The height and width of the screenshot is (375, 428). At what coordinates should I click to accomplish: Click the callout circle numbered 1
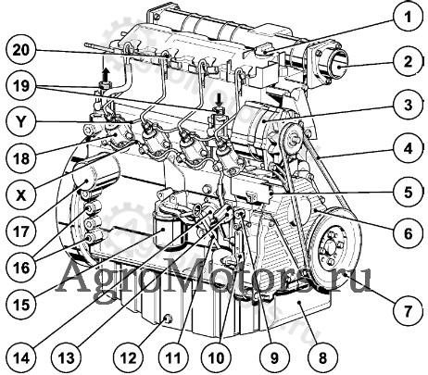coord(409,17)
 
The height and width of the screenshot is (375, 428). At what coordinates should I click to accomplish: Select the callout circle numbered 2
coord(409,62)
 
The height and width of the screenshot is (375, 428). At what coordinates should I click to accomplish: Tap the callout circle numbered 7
coord(409,311)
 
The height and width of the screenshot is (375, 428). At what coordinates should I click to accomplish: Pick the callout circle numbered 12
coord(128,358)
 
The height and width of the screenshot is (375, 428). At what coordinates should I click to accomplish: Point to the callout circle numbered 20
coord(21,50)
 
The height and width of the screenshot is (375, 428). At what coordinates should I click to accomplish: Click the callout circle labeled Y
coord(21,122)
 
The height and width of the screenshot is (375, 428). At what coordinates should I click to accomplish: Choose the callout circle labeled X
coord(21,195)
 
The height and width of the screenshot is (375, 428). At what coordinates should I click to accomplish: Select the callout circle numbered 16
coord(21,268)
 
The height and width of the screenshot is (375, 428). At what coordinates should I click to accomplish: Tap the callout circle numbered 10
coord(216,358)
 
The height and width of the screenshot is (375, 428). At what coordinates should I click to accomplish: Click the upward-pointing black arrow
coord(106,74)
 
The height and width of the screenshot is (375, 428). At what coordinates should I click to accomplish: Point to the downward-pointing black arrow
coord(220,101)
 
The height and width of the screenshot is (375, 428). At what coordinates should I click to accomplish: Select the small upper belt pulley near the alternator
coord(292,138)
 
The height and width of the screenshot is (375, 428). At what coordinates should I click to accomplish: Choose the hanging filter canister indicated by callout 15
coord(170,229)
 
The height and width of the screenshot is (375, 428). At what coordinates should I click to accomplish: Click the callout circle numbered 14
coord(21,358)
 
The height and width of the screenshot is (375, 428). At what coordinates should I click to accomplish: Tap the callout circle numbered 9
coord(274,358)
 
